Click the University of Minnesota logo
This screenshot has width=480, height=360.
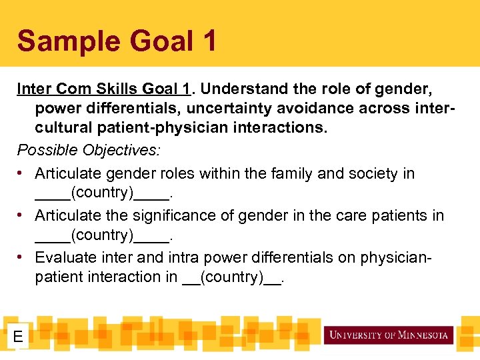389,335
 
